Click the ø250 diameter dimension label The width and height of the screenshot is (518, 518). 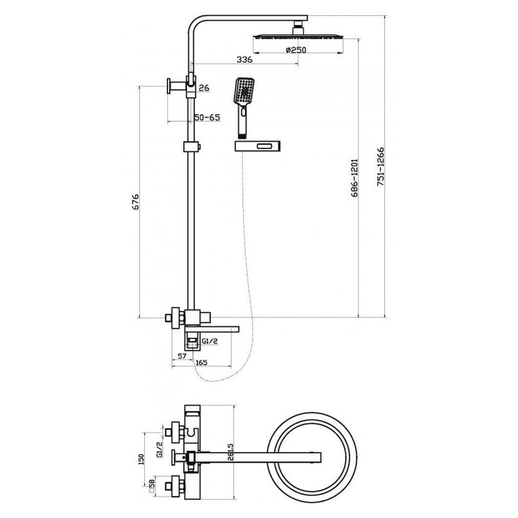pyautogui.click(x=296, y=50)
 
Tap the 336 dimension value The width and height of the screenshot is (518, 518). pyautogui.click(x=244, y=60)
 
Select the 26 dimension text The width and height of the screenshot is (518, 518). pyautogui.click(x=204, y=88)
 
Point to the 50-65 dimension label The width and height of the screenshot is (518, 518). pyautogui.click(x=207, y=117)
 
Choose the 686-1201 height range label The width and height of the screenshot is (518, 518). pyautogui.click(x=354, y=178)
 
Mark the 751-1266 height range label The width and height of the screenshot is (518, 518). pyautogui.click(x=381, y=167)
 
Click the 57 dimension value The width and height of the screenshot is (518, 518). pyautogui.click(x=182, y=356)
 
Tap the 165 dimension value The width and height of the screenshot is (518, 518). pyautogui.click(x=201, y=363)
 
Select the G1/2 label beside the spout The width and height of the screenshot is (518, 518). pyautogui.click(x=210, y=341)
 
